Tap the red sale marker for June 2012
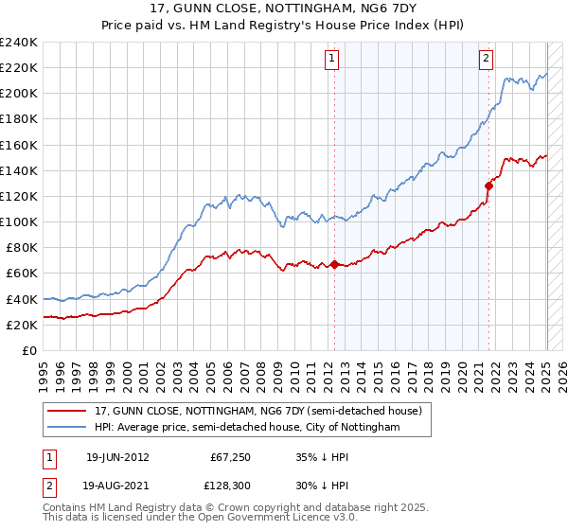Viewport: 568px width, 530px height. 334,264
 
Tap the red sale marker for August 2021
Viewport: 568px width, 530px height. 489,185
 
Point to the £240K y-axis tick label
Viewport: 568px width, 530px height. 19,43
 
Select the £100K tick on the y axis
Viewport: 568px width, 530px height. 19,221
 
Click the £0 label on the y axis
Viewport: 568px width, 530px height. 29,350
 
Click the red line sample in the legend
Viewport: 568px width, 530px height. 67,411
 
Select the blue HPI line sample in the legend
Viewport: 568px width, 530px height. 67,427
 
